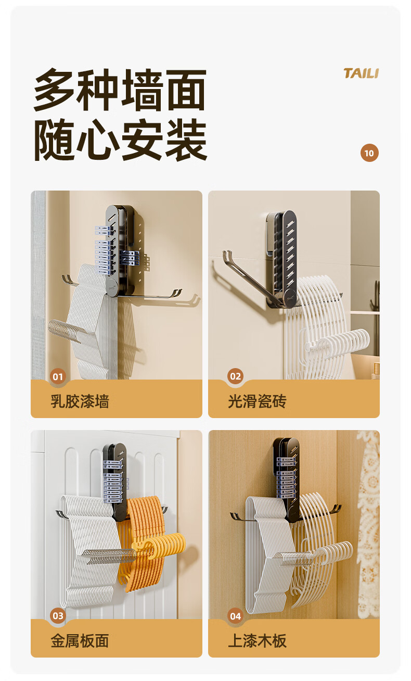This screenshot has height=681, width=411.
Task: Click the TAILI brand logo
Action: [x=361, y=73]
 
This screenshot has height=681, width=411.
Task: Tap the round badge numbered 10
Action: [x=369, y=153]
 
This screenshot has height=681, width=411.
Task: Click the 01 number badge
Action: [x=58, y=376]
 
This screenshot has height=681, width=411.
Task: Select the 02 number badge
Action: [x=236, y=376]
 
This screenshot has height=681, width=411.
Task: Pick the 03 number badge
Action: [x=58, y=616]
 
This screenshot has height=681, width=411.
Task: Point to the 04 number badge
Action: [x=236, y=616]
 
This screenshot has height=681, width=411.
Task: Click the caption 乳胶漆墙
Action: [x=80, y=401]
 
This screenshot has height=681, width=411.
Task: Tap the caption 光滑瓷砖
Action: [x=258, y=401]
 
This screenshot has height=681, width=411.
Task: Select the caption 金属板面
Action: [x=80, y=641]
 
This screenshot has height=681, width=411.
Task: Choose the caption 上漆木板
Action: [x=258, y=641]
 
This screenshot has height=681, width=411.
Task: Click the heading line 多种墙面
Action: [x=120, y=90]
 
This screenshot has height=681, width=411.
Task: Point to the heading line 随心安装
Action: [x=121, y=140]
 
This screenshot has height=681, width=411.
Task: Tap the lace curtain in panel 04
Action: [x=368, y=523]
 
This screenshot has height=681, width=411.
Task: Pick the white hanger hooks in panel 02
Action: [x=337, y=341]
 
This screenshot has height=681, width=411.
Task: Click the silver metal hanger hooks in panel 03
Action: [x=109, y=555]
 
